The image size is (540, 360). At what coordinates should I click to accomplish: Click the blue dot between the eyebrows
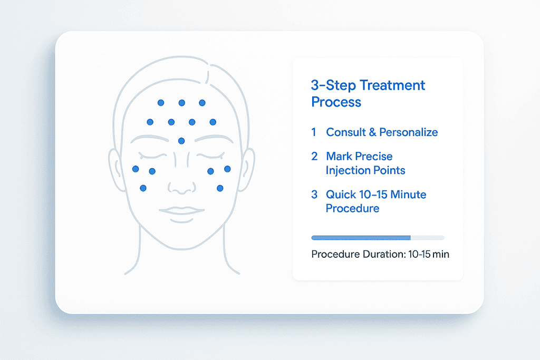pyautogui.click(x=181, y=141)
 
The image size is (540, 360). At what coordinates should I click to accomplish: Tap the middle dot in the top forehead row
pyautogui.click(x=182, y=103)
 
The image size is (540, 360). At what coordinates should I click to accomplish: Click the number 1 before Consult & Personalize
pyautogui.click(x=314, y=132)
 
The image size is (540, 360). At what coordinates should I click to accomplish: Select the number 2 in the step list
pyautogui.click(x=314, y=156)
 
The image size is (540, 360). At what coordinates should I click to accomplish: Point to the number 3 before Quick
pyautogui.click(x=314, y=194)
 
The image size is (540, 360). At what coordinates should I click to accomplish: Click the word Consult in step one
pyautogui.click(x=346, y=132)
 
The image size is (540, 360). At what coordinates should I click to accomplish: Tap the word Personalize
pyautogui.click(x=409, y=132)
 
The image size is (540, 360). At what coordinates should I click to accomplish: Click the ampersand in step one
pyautogui.click(x=373, y=132)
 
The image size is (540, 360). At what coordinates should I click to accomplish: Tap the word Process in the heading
pyautogui.click(x=336, y=102)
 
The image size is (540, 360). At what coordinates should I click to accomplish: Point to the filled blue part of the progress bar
pyautogui.click(x=361, y=238)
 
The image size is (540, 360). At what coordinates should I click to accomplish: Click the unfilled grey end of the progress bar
pyautogui.click(x=428, y=238)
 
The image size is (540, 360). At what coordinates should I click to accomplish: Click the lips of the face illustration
pyautogui.click(x=181, y=210)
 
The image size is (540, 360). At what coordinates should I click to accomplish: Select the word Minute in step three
pyautogui.click(x=409, y=194)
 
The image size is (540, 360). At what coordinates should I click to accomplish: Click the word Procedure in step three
pyautogui.click(x=352, y=209)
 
